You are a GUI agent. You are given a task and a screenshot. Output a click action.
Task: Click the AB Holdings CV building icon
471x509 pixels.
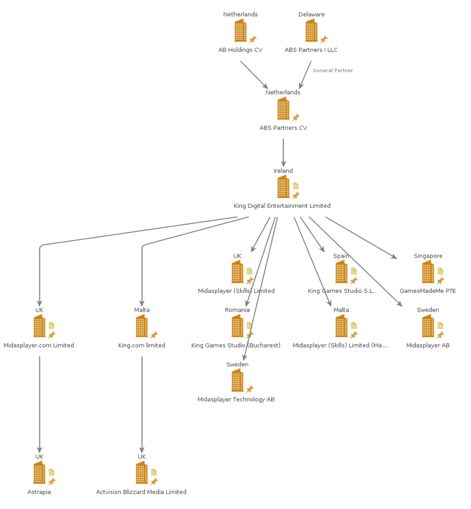240,31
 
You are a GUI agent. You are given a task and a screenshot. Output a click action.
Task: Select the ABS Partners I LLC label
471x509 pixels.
311,50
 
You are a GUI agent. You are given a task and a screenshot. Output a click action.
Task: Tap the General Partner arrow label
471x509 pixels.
333,71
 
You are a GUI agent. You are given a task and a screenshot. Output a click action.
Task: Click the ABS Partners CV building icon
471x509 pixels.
283,108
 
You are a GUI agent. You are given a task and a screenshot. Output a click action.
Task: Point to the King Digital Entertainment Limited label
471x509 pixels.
282,206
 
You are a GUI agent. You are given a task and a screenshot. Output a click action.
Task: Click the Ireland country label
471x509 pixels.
283,170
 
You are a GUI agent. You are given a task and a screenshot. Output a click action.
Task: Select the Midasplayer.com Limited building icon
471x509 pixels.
39,327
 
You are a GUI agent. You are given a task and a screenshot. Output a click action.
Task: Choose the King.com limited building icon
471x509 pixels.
142,327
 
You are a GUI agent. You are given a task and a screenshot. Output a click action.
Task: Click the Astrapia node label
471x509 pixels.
39,492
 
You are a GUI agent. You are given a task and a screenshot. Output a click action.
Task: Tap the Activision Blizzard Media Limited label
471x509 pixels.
141,492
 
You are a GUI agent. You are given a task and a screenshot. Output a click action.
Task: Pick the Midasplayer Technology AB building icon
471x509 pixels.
238,381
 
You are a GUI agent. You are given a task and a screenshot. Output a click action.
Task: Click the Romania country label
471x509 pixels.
237,310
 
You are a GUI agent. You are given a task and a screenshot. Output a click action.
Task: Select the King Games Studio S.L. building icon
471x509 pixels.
341,272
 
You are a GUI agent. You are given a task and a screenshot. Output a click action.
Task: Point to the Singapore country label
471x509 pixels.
428,255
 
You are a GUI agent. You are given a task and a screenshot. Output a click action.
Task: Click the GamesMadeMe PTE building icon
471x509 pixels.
428,272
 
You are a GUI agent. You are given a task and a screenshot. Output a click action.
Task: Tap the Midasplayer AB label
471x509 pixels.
428,345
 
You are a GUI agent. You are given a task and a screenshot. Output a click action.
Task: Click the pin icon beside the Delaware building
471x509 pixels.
324,39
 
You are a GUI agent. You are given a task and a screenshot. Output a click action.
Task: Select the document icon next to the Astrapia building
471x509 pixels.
52,472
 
